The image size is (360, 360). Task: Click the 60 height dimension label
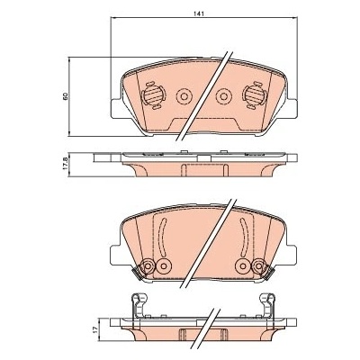tap(66, 96)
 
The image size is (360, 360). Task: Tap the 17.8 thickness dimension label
tap(65, 165)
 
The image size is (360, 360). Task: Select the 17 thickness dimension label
tap(95, 329)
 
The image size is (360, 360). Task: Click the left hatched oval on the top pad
tap(153, 95)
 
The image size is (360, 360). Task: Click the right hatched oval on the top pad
tap(255, 95)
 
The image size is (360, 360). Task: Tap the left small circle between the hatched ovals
tap(184, 96)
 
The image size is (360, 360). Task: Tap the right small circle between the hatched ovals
tap(223, 96)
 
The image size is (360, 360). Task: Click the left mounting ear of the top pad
tap(116, 109)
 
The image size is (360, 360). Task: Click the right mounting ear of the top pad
tap(292, 109)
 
